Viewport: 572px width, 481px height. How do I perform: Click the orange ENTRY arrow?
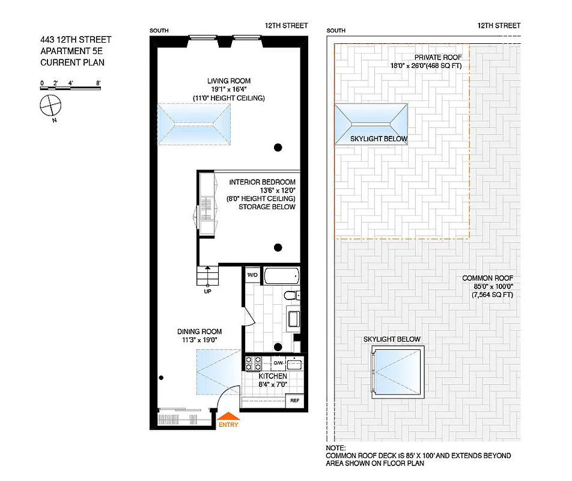click(x=228, y=415)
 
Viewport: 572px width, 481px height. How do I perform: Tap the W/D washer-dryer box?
click(x=252, y=275)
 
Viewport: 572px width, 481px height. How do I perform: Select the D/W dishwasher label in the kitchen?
click(x=278, y=363)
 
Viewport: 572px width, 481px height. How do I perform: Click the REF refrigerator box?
click(x=294, y=400)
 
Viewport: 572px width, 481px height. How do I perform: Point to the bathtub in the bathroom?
click(x=281, y=277)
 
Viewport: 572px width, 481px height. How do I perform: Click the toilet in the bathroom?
click(x=291, y=295)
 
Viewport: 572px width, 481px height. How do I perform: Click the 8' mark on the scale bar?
click(x=97, y=82)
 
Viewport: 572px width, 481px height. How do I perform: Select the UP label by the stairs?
click(x=207, y=292)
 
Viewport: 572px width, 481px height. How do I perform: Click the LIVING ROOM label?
click(x=228, y=81)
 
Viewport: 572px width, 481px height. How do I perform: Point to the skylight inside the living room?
click(x=195, y=123)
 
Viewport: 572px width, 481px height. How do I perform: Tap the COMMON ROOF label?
click(x=486, y=278)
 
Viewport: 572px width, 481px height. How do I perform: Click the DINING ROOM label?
click(x=199, y=331)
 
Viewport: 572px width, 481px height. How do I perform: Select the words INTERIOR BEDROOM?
click(x=263, y=182)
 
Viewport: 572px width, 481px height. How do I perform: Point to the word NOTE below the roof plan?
click(x=336, y=448)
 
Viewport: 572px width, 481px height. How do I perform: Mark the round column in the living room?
click(x=278, y=147)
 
